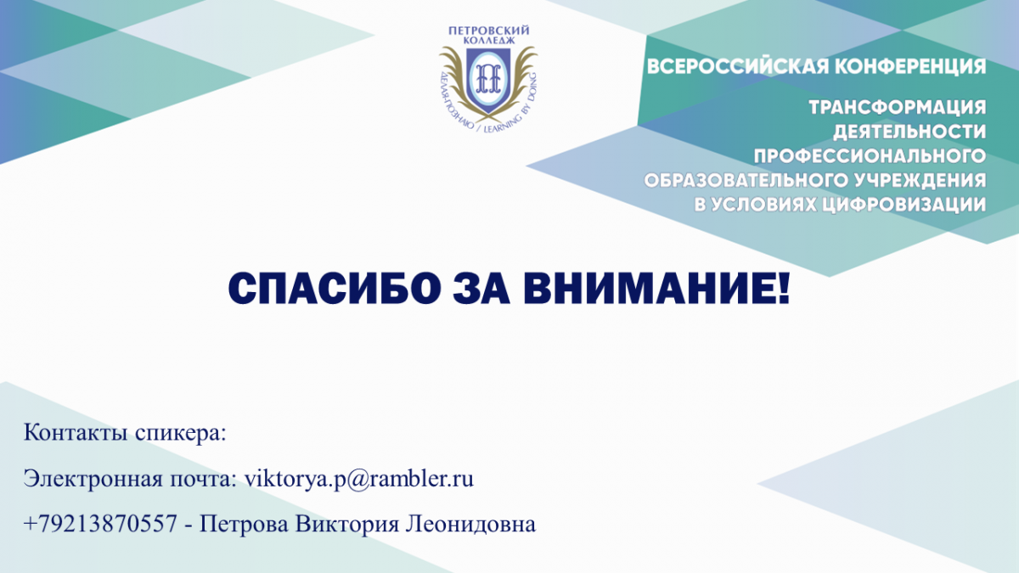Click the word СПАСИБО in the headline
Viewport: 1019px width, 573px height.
[x=335, y=289]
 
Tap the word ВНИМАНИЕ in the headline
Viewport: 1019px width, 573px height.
[x=656, y=289]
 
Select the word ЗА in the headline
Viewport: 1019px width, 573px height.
[x=481, y=289]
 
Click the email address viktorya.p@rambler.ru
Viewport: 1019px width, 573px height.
[x=359, y=480]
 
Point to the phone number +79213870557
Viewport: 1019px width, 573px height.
[x=100, y=524]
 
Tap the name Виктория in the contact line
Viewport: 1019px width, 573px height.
[x=347, y=525]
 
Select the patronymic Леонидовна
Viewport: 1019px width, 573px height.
[x=470, y=524]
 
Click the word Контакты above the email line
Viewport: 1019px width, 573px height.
[x=76, y=432]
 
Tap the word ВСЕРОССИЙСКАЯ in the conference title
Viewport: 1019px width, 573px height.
[x=737, y=66]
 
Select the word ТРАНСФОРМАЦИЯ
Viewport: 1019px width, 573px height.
[x=898, y=108]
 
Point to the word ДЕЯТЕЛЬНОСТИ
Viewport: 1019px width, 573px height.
[x=909, y=132]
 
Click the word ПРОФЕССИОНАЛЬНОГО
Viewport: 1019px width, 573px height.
[x=870, y=156]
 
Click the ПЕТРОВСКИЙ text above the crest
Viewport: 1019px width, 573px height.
[x=489, y=31]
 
